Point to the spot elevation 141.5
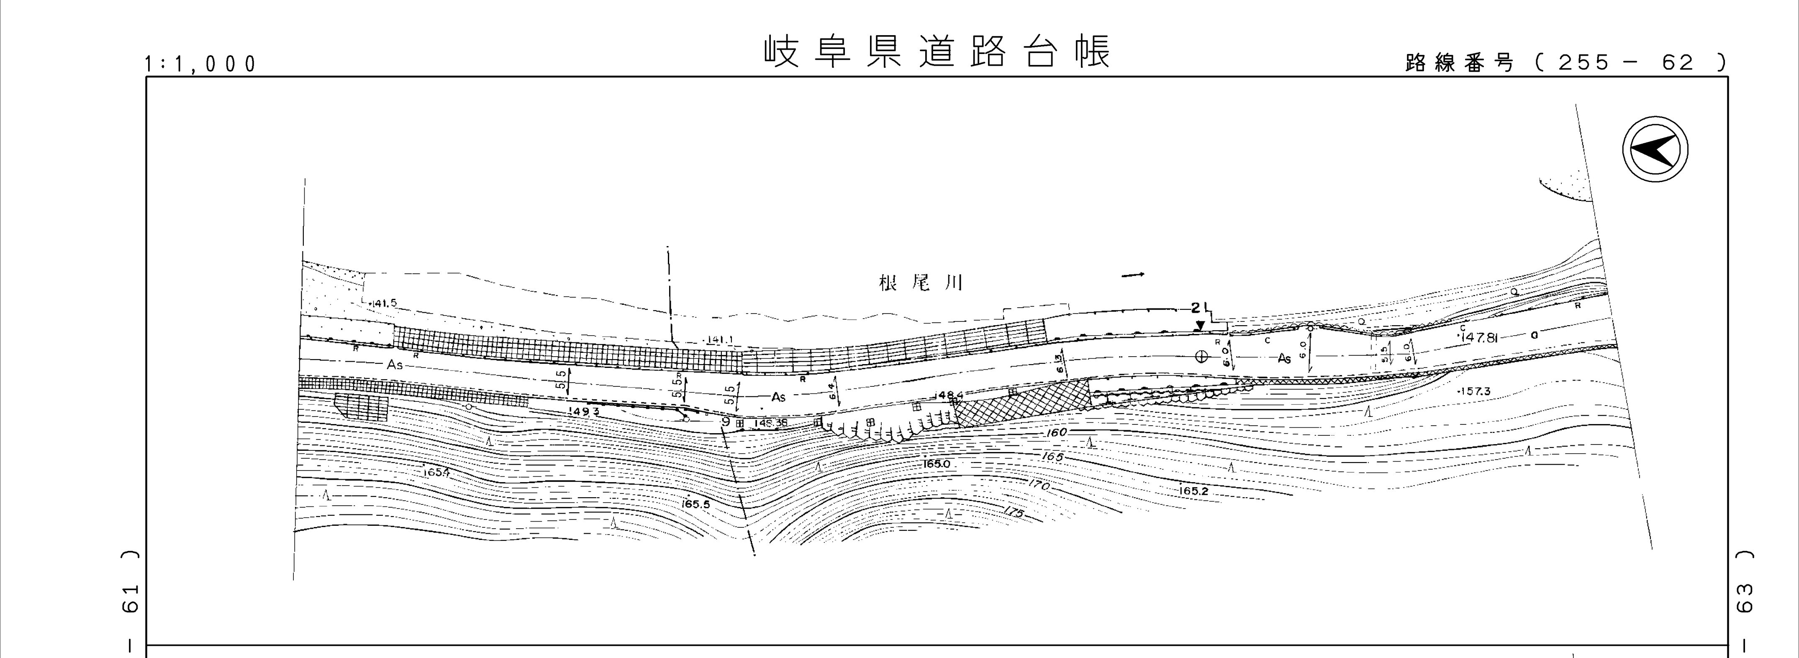[x=383, y=303]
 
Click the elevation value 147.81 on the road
[x=1482, y=337]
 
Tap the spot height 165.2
[x=1193, y=491]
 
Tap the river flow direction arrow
[x=1133, y=275]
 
